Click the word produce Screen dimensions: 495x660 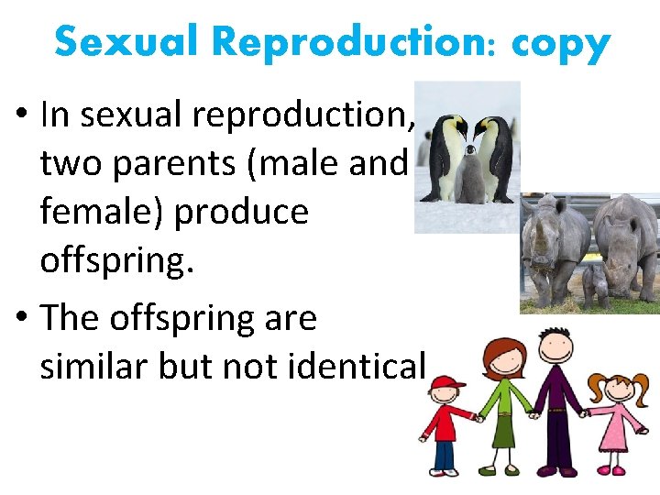click(241, 214)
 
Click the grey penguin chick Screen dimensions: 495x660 click(470, 179)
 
